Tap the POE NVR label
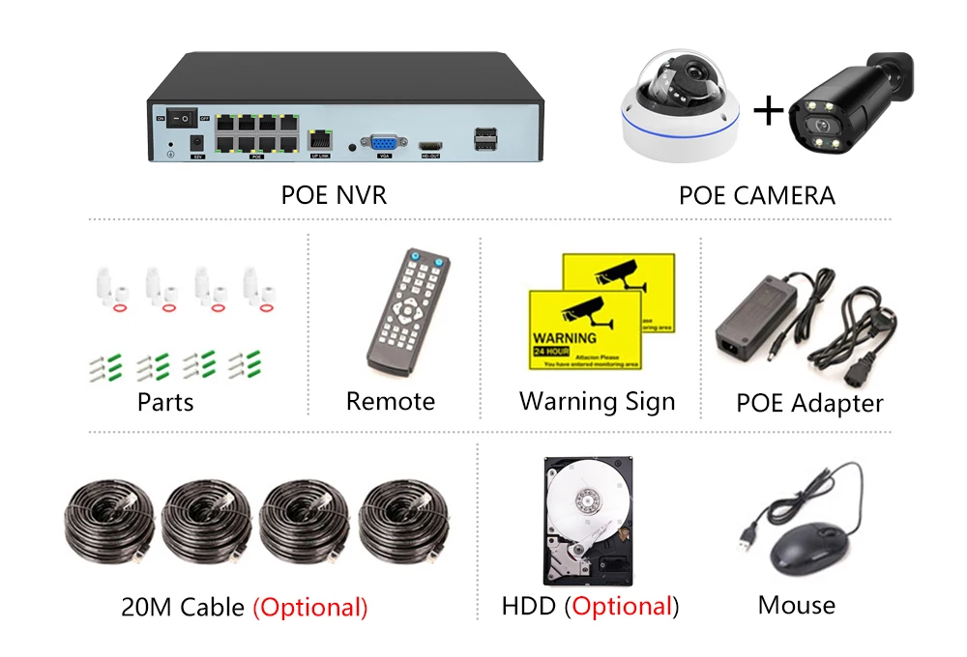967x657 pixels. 334,195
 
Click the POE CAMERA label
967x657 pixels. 756,196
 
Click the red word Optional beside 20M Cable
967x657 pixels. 310,608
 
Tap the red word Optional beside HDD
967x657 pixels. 621,607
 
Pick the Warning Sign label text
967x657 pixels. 597,402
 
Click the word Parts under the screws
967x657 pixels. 165,402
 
